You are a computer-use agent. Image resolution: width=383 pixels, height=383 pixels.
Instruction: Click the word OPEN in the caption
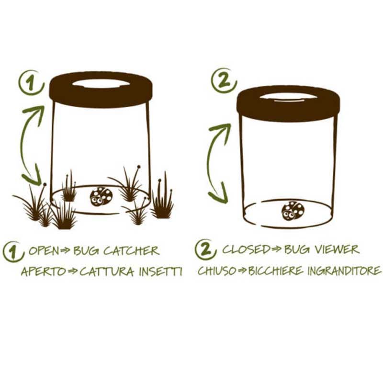(x=44, y=251)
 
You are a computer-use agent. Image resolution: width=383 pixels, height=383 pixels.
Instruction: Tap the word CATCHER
(x=131, y=251)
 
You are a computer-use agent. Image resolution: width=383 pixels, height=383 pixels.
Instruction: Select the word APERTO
(x=44, y=271)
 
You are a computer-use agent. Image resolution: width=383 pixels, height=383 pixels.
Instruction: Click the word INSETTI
(x=160, y=271)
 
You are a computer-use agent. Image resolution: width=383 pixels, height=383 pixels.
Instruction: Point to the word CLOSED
(x=246, y=249)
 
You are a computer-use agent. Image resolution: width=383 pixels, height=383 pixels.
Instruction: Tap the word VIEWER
(x=337, y=249)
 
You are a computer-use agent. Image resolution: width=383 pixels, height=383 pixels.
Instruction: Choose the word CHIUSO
(x=217, y=270)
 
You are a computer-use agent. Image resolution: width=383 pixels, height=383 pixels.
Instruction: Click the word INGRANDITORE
(x=344, y=270)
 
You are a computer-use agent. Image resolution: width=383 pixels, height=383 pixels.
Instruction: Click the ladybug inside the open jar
(x=101, y=196)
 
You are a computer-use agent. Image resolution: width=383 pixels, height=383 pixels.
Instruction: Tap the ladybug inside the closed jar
(x=293, y=211)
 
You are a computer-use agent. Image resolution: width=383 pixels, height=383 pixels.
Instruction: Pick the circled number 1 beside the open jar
(x=31, y=82)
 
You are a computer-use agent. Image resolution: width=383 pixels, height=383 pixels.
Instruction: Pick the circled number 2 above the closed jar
(x=224, y=80)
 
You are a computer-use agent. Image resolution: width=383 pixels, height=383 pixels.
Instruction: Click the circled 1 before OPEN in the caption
(x=13, y=252)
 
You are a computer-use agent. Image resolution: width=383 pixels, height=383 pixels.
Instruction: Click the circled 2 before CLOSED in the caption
(x=206, y=249)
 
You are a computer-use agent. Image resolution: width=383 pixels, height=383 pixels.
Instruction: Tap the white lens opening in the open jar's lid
(x=101, y=83)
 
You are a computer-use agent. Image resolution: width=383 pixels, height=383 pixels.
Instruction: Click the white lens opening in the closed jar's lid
(x=288, y=97)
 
